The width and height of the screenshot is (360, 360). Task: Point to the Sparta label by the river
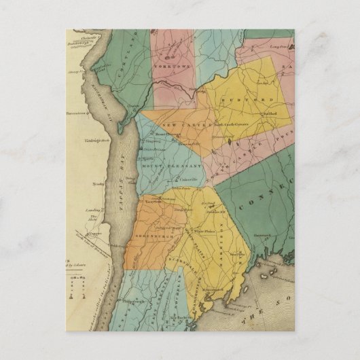147,157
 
